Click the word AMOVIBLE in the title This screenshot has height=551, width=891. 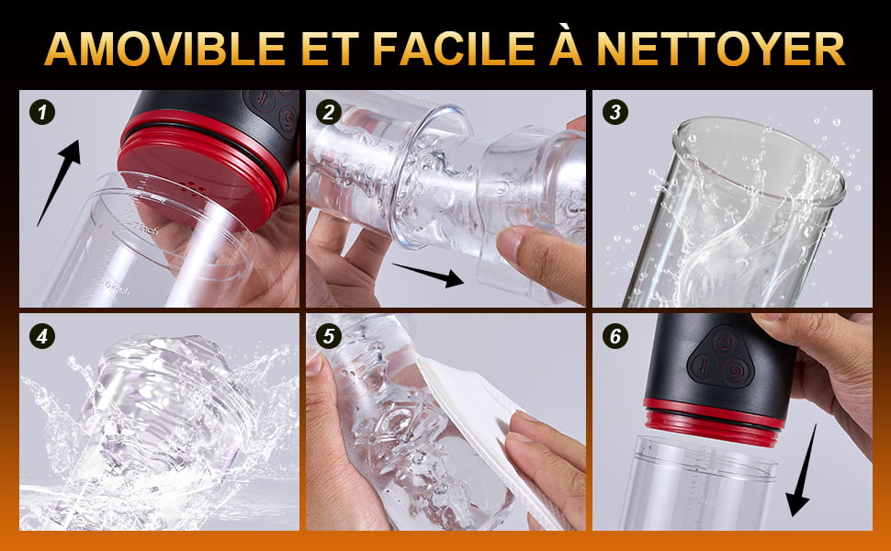164,49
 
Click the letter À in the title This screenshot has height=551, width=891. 566,44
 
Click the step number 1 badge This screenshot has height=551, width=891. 42,112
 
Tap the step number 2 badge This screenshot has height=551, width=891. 329,112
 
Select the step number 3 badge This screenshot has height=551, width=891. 615,112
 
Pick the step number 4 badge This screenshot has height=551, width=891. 42,336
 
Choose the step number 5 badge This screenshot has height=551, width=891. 329,336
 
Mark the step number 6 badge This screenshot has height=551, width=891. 615,336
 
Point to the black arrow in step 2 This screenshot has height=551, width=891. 427,275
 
